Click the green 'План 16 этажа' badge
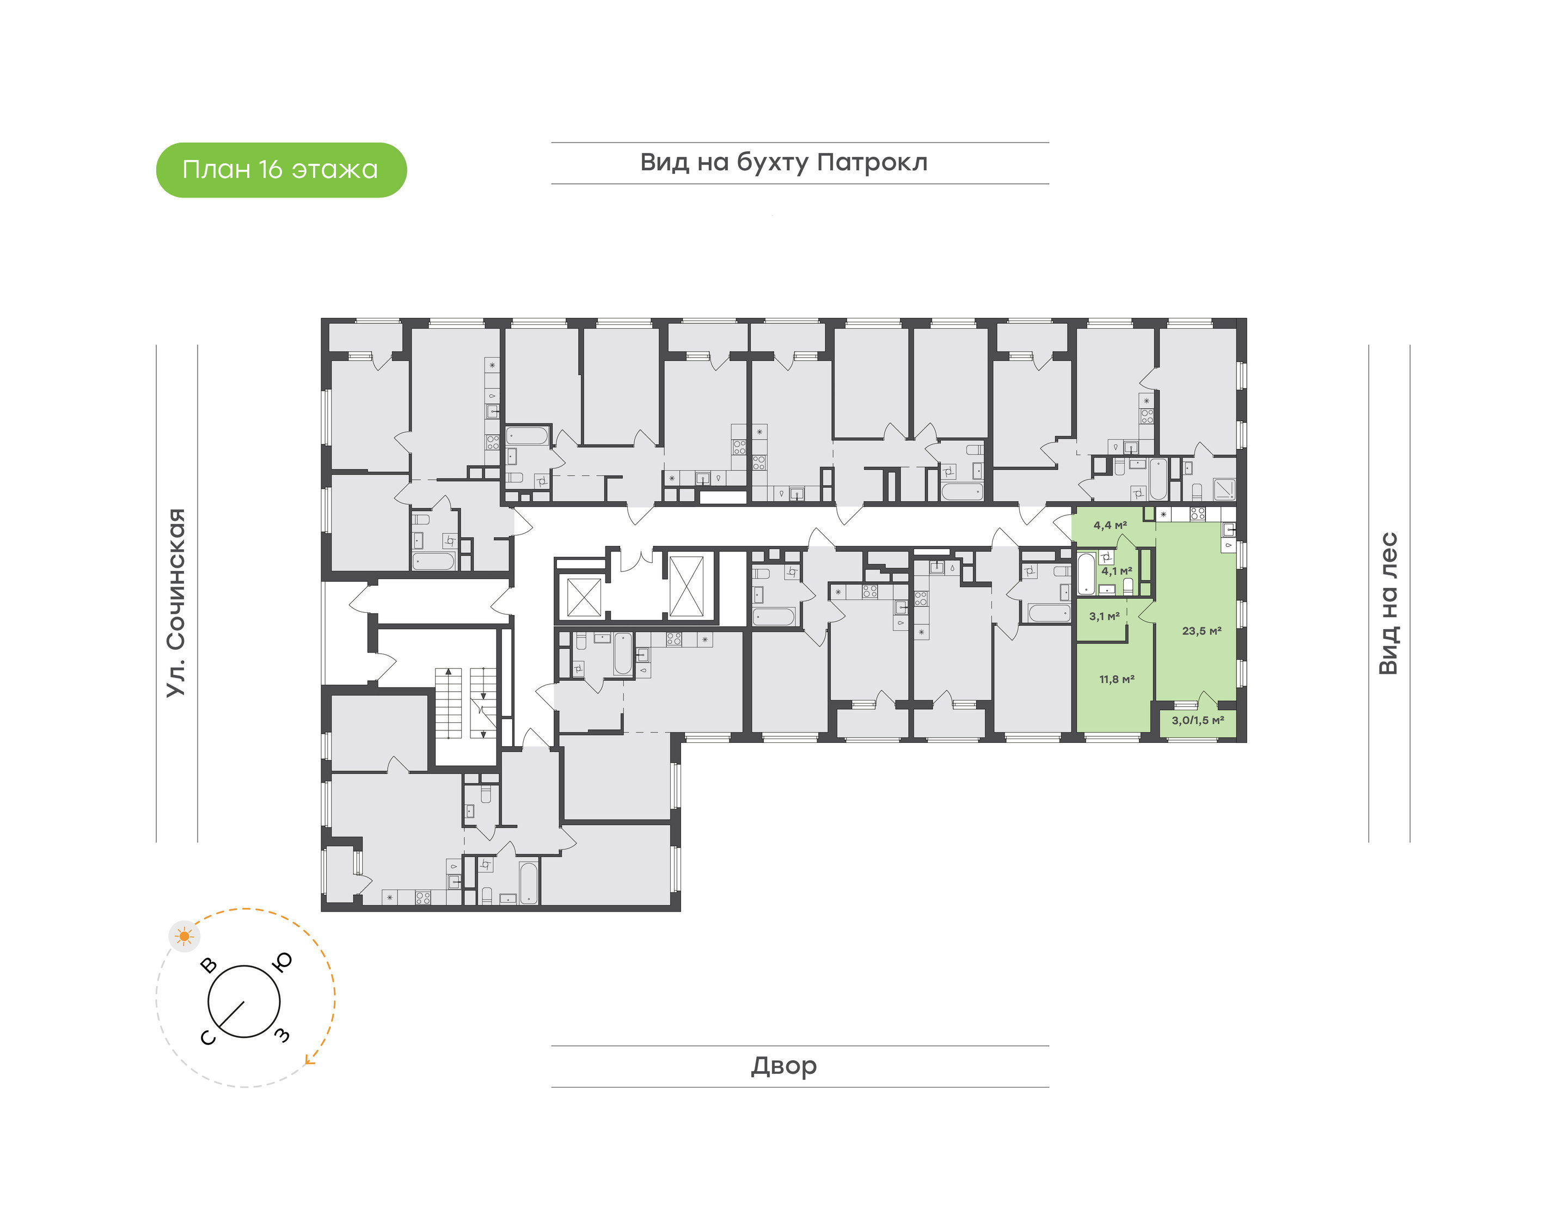pyautogui.click(x=281, y=170)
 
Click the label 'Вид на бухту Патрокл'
pyautogui.click(x=783, y=163)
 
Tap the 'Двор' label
pyautogui.click(x=783, y=1066)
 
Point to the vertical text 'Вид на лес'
pyautogui.click(x=1388, y=604)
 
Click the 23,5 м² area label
pyautogui.click(x=1202, y=631)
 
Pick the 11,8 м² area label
pyautogui.click(x=1117, y=679)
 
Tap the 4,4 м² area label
pyautogui.click(x=1110, y=526)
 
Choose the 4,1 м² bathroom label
pyautogui.click(x=1117, y=571)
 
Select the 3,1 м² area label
pyautogui.click(x=1104, y=617)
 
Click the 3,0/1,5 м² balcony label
pyautogui.click(x=1198, y=720)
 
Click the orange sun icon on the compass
pyautogui.click(x=185, y=936)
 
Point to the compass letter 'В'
pyautogui.click(x=209, y=964)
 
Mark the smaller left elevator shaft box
pyautogui.click(x=584, y=597)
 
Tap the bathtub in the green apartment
pyautogui.click(x=1086, y=573)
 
